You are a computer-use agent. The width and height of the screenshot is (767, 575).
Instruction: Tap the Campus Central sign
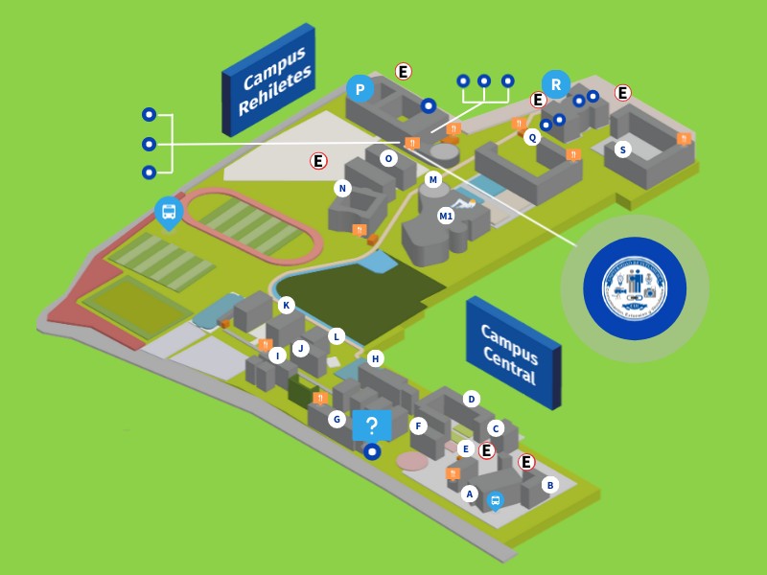[x=512, y=352]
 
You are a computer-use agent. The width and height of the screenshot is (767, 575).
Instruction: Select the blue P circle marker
[x=360, y=89]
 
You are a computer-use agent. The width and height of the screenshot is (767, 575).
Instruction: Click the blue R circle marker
[x=555, y=84]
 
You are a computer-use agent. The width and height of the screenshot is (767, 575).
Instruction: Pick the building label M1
[x=446, y=216]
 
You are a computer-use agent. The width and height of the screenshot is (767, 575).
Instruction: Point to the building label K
[x=286, y=306]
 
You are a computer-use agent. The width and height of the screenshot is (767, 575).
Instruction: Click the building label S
[x=623, y=149]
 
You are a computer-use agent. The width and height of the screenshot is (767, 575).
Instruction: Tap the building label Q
[x=532, y=137]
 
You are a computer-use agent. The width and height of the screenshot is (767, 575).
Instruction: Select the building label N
[x=342, y=188]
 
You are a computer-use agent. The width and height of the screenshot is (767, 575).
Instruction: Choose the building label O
[x=388, y=158]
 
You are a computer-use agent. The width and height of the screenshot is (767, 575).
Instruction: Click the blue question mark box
[x=372, y=425]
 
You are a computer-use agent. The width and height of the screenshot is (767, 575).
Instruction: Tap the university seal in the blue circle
[x=635, y=288]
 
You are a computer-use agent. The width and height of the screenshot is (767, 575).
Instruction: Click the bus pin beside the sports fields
[x=169, y=212]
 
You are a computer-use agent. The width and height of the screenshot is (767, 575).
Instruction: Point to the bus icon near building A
[x=496, y=500]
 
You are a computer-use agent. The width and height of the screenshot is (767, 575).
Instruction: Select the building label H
[x=375, y=358]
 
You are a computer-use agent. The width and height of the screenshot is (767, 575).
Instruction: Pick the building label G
[x=337, y=419]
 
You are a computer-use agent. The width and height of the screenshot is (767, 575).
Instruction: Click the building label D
[x=471, y=399]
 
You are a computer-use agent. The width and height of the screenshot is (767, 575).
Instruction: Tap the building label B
[x=549, y=485]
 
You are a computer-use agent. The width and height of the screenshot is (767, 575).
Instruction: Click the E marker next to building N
[x=318, y=161]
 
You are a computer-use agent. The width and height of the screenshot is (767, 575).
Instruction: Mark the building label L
[x=337, y=336]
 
